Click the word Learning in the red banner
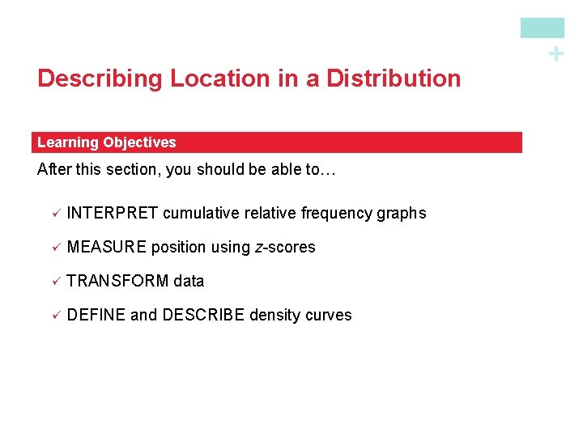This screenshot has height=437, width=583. (x=67, y=142)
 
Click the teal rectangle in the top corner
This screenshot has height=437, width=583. (x=542, y=28)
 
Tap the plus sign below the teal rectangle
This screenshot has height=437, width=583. (x=555, y=54)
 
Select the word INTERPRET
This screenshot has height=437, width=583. (x=112, y=214)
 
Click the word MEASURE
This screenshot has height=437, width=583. (x=107, y=248)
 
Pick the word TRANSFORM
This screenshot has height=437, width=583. (x=117, y=282)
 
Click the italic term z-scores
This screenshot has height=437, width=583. (x=285, y=248)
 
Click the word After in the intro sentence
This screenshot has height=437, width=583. (x=53, y=171)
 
